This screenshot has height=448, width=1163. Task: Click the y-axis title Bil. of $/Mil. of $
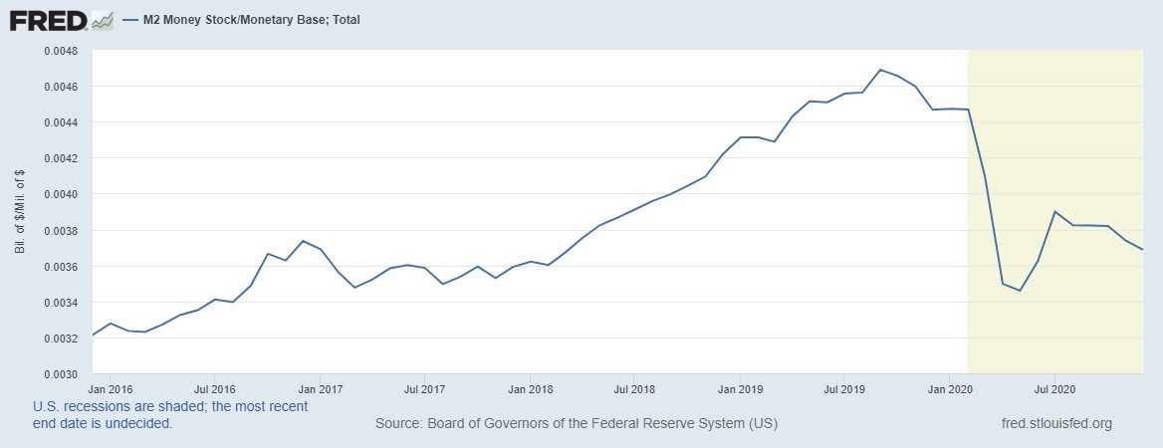(x=20, y=212)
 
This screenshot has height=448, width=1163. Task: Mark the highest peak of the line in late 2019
(x=880, y=70)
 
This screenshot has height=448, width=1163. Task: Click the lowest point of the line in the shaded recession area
(x=1020, y=291)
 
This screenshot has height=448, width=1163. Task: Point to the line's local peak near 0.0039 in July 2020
(x=1054, y=211)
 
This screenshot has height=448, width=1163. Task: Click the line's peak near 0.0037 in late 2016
(x=303, y=241)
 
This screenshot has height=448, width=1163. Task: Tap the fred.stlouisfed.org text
(x=1055, y=424)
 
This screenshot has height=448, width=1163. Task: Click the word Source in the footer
(x=397, y=424)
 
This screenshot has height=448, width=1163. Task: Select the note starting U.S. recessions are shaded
(x=170, y=415)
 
